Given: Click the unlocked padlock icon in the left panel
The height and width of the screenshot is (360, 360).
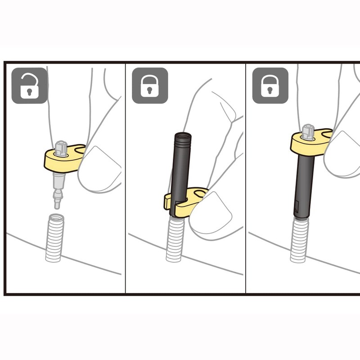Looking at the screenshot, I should (x=29, y=85).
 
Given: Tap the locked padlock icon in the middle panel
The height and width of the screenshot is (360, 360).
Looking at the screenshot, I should (x=150, y=85).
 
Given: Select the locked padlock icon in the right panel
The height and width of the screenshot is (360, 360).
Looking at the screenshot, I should (x=270, y=85).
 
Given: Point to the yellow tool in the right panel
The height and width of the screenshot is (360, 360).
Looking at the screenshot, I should (x=310, y=142).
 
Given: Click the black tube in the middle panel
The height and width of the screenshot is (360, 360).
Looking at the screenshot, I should (x=179, y=166).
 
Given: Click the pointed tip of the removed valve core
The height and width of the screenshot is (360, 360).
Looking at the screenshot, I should (x=57, y=205).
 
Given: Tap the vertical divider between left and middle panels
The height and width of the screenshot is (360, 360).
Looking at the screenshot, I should (x=125, y=180).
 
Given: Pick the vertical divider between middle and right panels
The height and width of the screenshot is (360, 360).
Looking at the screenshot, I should (x=246, y=180).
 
